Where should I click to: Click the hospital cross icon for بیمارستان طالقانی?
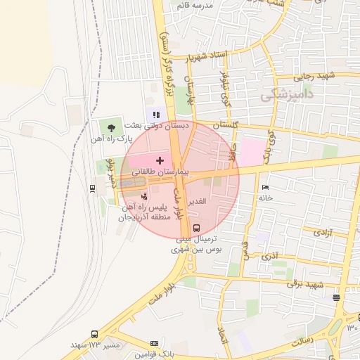(x=160, y=160)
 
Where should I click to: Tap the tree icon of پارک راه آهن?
(x=112, y=127)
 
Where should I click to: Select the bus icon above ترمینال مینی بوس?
(x=196, y=228)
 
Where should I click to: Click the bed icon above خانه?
(x=264, y=187)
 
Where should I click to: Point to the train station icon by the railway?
(x=93, y=188)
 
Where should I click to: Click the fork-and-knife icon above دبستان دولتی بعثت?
(x=156, y=113)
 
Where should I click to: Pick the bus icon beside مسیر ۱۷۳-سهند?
(x=95, y=335)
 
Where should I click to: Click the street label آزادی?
(x=323, y=231)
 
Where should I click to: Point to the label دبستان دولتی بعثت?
(x=157, y=126)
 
